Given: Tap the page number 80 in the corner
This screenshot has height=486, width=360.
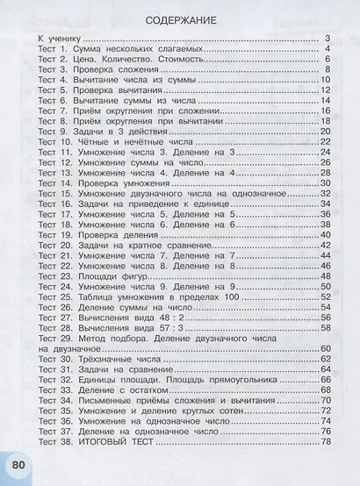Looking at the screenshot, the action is pos(18,465).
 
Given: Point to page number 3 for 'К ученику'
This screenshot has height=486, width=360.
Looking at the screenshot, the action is pos(327,39).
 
